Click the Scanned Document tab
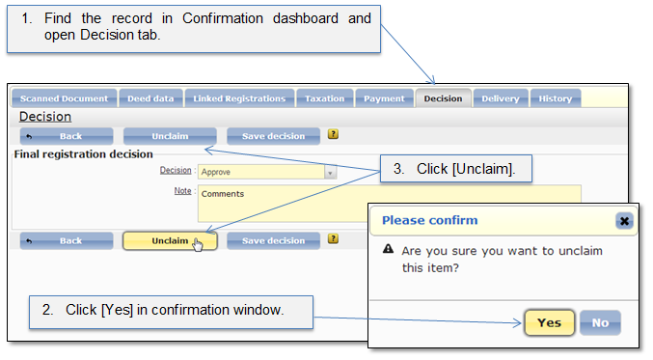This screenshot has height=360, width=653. click(x=64, y=98)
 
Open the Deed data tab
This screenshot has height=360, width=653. click(x=150, y=98)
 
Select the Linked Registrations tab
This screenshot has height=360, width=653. click(x=239, y=98)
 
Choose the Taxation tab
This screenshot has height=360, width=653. click(x=325, y=98)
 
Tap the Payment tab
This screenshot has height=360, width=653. click(x=384, y=98)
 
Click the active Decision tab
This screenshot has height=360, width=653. click(x=443, y=98)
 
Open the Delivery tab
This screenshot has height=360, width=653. click(x=501, y=98)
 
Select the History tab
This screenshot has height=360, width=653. click(x=556, y=98)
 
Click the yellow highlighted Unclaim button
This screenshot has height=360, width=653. click(x=170, y=241)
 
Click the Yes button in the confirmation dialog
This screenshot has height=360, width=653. click(x=549, y=322)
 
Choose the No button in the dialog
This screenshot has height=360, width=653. click(x=600, y=322)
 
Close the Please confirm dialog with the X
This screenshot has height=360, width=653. click(x=624, y=221)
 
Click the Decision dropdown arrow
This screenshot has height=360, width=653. click(x=330, y=172)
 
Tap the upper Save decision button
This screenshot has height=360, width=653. click(x=273, y=136)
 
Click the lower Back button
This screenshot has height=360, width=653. click(x=67, y=241)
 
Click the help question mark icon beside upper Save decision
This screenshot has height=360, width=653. click(x=333, y=134)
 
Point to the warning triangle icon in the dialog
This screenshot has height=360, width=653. click(x=388, y=249)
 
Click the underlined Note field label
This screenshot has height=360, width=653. click(x=182, y=191)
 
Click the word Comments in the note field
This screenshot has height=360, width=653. click(x=223, y=194)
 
